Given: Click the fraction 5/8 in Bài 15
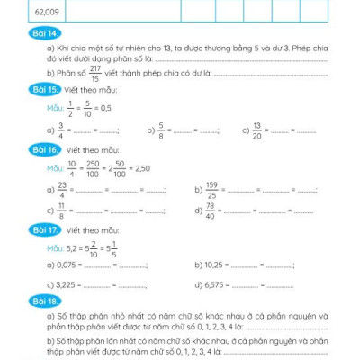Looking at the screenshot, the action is pyautogui.click(x=161, y=128).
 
